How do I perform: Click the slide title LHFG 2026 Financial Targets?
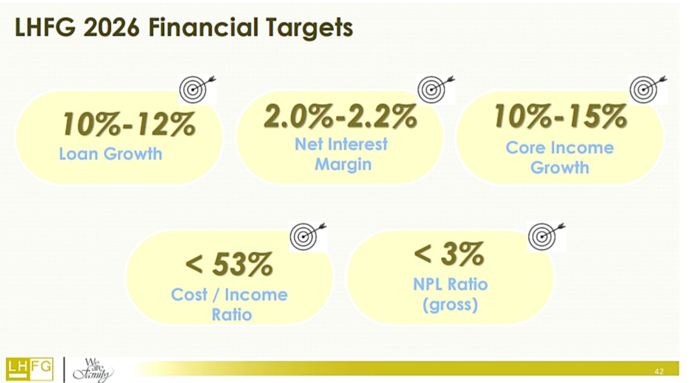pyautogui.click(x=184, y=28)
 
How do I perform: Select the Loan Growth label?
pyautogui.click(x=111, y=154)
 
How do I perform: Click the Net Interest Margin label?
pyautogui.click(x=342, y=154)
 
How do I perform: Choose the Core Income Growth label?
pyautogui.click(x=560, y=158)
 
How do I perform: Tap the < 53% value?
pyautogui.click(x=229, y=264)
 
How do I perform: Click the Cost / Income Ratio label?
pyautogui.click(x=229, y=305)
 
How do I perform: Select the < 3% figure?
pyautogui.click(x=449, y=253)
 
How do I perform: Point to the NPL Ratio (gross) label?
pyautogui.click(x=451, y=294)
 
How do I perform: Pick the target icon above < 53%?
pyautogui.click(x=307, y=236)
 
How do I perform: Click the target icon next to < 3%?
pyautogui.click(x=546, y=236)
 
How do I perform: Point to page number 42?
pyautogui.click(x=659, y=371)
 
